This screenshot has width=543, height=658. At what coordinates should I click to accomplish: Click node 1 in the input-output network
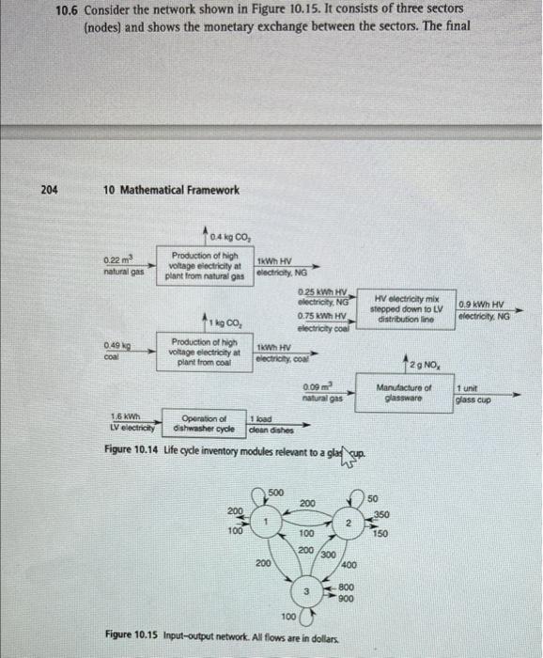pos(266,522)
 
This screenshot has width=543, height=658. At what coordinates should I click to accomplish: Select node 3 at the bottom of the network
pos(305,588)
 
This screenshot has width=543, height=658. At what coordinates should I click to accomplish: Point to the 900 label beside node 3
pos(346,598)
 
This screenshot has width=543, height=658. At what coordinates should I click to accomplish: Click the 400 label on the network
pos(348,564)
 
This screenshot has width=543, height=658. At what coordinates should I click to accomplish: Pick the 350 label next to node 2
pos(380,514)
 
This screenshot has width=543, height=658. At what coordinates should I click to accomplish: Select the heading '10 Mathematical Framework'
pos(171,190)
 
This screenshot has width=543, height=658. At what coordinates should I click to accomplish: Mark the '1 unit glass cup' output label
pos(472,394)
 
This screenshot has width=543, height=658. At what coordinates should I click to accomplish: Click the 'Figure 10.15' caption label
pos(131,635)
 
